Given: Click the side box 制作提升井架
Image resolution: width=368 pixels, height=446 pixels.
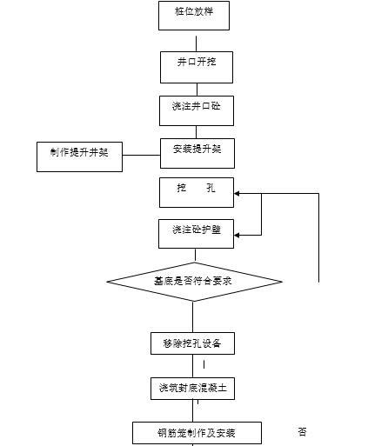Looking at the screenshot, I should (x=79, y=156).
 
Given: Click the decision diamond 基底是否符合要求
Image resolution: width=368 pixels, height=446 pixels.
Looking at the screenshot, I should (x=194, y=281).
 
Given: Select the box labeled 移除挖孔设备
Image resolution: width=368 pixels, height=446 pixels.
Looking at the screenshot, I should (x=192, y=343).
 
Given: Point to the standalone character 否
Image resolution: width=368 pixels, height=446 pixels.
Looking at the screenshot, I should (x=302, y=432).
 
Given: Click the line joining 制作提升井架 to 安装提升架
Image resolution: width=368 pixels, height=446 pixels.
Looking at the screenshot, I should (x=141, y=156).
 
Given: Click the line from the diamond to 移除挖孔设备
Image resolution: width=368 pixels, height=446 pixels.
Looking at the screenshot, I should (x=193, y=316).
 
